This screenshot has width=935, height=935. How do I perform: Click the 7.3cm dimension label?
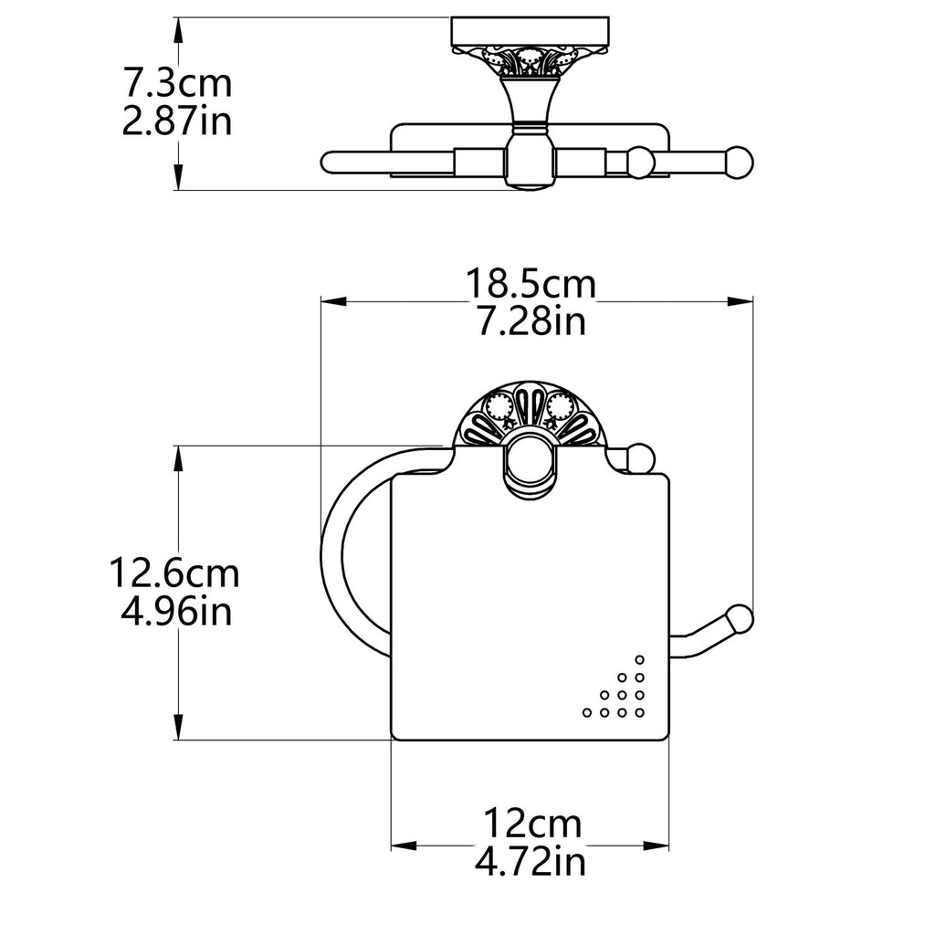pyautogui.click(x=177, y=83)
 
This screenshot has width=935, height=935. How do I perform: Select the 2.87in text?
pyautogui.click(x=177, y=121)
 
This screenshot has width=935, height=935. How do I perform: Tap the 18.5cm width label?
pyautogui.click(x=531, y=284)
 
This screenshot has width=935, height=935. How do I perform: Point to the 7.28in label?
pyautogui.click(x=531, y=320)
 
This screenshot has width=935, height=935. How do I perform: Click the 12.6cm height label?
pyautogui.click(x=174, y=573)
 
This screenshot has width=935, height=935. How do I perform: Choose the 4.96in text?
pyautogui.click(x=176, y=611)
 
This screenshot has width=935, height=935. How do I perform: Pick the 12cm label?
pyautogui.click(x=531, y=825)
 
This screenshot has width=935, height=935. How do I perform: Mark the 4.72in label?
pyautogui.click(x=531, y=861)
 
